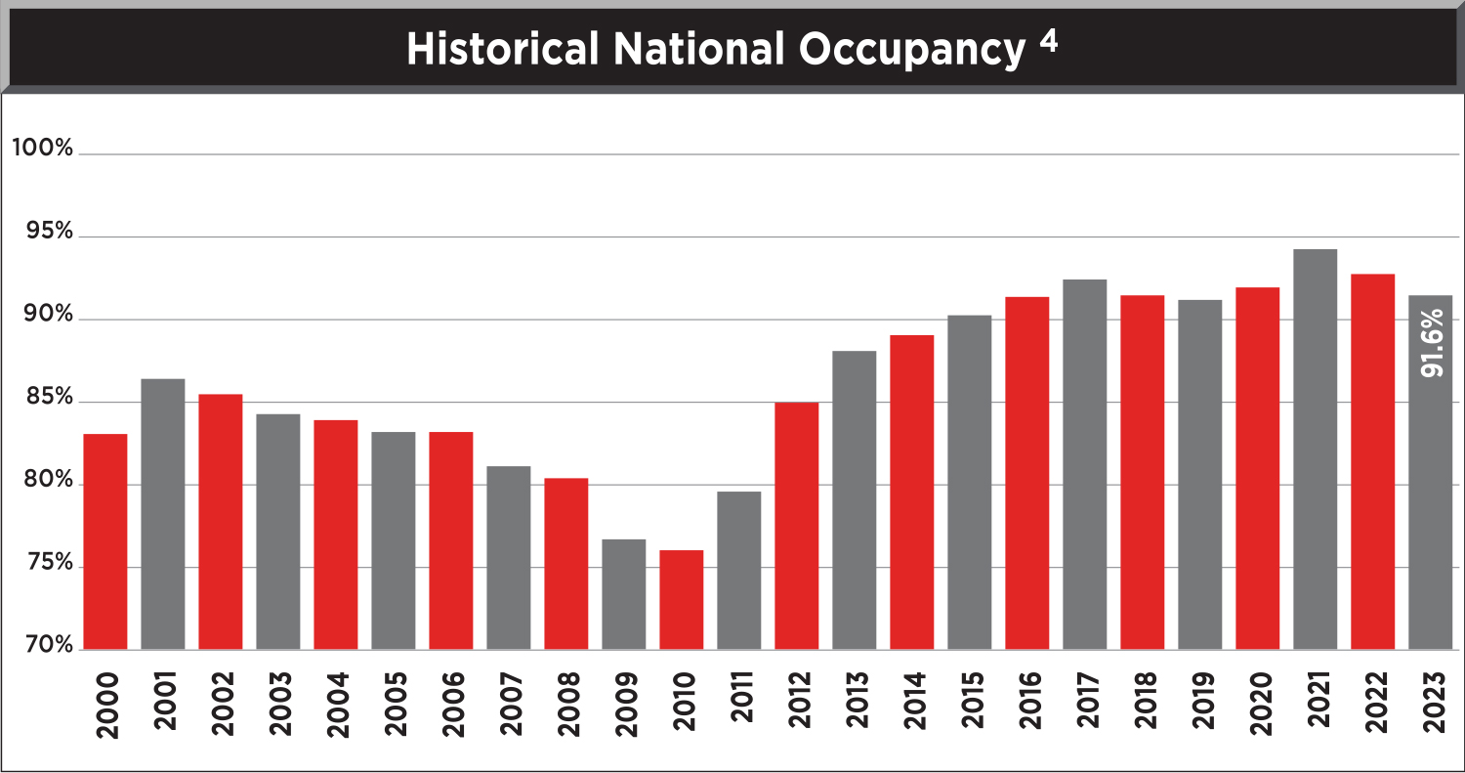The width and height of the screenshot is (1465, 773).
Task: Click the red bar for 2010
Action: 681,600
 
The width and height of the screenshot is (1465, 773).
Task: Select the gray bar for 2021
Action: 1315,450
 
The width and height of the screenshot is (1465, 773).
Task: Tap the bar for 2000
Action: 105,541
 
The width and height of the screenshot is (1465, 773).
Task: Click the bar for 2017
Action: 1084,464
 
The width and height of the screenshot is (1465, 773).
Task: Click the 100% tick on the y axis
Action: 42,149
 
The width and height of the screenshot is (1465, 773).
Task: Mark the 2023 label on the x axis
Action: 1432,705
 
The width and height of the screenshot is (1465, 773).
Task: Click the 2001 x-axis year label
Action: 163,705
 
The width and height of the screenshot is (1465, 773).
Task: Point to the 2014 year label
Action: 912,705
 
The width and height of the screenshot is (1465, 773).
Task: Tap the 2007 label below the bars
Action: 509,705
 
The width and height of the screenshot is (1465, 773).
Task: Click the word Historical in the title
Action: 501,50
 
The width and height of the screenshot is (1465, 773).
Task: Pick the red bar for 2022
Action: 1372,461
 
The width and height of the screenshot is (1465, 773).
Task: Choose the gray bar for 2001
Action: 163,514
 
